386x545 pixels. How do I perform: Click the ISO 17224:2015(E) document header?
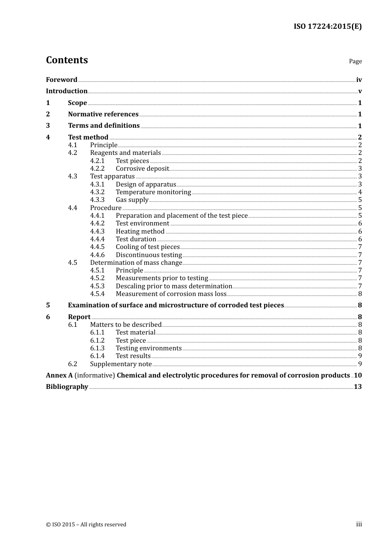[327, 26]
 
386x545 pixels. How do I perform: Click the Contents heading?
[67, 60]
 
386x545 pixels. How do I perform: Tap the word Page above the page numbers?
[355, 61]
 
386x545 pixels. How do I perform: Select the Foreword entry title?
[61, 80]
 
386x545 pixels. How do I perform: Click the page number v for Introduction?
[360, 91]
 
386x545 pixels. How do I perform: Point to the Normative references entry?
[103, 114]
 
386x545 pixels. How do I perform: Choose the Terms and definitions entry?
[104, 126]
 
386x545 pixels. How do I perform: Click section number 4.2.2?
[97, 169]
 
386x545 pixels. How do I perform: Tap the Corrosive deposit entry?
[142, 169]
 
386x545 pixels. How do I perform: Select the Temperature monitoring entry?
[153, 192]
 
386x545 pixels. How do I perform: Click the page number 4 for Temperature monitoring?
[360, 192]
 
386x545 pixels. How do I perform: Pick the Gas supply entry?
[132, 200]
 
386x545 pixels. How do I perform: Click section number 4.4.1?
[97, 216]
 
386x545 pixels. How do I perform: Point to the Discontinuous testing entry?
[149, 255]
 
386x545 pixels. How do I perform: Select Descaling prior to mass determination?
[174, 286]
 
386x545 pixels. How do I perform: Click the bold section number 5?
[48, 305]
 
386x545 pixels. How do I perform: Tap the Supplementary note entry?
[121, 364]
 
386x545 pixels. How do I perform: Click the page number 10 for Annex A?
[358, 375]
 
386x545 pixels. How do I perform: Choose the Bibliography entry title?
[67, 387]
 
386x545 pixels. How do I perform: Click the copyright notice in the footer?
[86, 525]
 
